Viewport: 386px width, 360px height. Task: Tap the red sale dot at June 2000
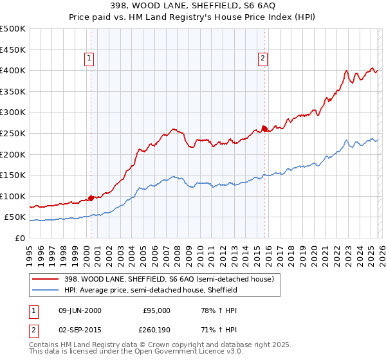91,198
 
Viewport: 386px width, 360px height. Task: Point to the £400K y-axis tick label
13,71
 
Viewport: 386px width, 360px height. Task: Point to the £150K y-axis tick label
13,175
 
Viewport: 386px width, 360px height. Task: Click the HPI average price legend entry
150,290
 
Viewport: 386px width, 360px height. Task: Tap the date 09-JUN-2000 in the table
79,310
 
